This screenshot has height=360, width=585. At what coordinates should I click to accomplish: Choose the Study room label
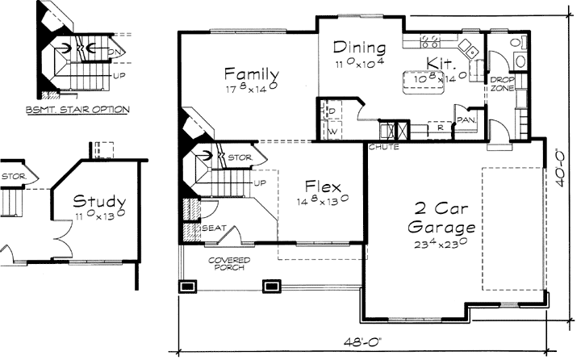tap(98, 200)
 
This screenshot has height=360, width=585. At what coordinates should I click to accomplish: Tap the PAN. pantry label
tap(466, 120)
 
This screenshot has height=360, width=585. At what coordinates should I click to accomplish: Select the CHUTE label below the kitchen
tap(380, 147)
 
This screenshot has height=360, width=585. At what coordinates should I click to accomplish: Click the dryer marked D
tap(331, 111)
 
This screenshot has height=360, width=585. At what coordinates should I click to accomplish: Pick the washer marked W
tap(331, 129)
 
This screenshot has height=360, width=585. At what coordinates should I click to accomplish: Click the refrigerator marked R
tap(440, 127)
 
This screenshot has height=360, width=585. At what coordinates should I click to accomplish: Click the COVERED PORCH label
tap(229, 263)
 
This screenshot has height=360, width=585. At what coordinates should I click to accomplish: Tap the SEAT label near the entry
tap(213, 228)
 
